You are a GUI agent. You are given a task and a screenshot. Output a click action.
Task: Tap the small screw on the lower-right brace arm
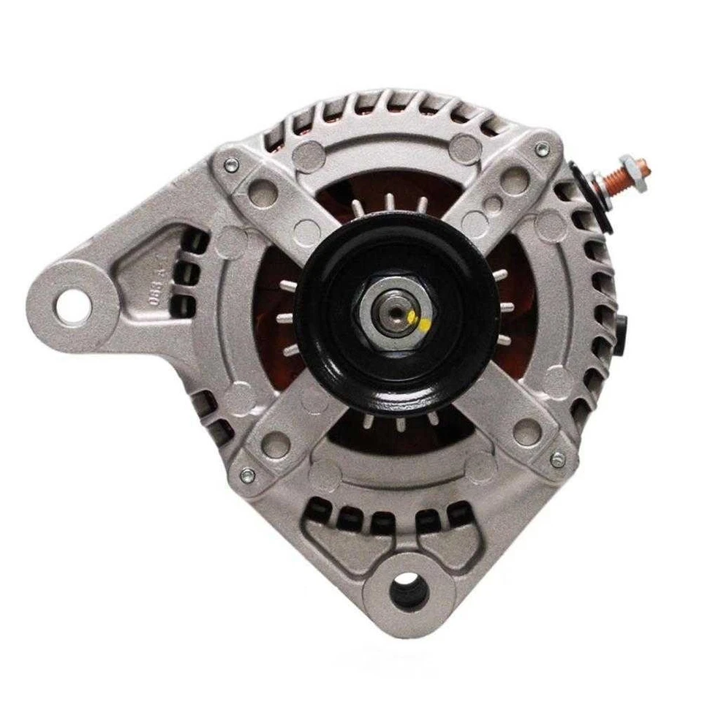[x=557, y=460]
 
